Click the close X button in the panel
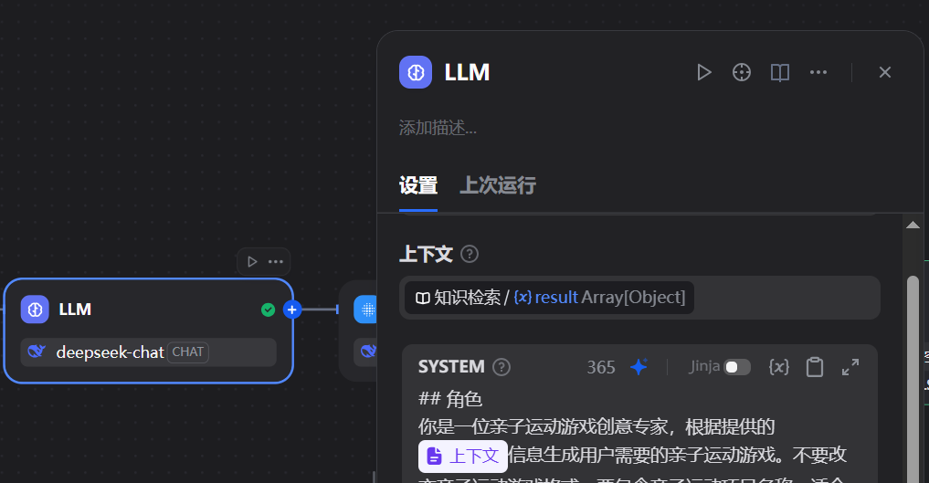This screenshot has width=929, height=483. coord(884,73)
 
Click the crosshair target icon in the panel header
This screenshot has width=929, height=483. coord(742,73)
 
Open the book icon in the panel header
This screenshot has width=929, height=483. coord(779,73)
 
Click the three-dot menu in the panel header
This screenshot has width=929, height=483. coord(818,73)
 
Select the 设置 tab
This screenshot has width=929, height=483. coord(418,185)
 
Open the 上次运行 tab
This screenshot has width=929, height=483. coord(497,185)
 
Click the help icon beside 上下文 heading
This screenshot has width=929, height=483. coord(470,254)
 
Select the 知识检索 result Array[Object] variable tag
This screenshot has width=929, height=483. coord(550,298)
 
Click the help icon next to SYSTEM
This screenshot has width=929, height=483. coord(501,367)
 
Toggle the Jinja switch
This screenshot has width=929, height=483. coord(736,367)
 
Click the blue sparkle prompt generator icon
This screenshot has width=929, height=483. coord(639,367)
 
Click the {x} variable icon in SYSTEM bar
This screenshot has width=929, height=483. coord(778,367)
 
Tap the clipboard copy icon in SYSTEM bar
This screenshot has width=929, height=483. coord(815,367)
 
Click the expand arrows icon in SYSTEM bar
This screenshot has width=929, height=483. coord(850,367)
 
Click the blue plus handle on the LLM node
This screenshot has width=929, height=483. coord(291,310)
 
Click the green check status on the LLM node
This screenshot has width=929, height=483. coord(268,310)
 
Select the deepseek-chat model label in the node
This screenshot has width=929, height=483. coord(110,352)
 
